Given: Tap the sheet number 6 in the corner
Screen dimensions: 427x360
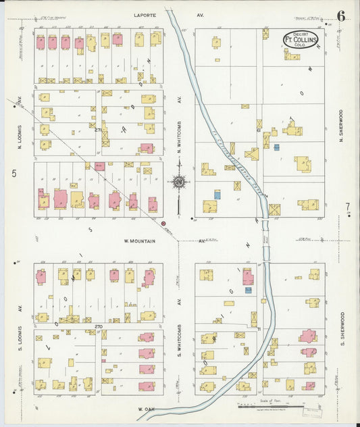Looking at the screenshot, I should click(x=341, y=16).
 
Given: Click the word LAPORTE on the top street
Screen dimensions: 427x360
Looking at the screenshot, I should click(x=145, y=14).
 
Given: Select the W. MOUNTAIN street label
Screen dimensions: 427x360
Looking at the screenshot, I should click(x=140, y=241).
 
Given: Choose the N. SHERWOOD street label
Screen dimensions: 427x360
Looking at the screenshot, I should click(x=342, y=125).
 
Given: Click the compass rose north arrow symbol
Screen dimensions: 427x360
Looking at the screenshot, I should click(x=179, y=182).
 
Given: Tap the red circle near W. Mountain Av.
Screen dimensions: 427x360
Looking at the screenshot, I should click(x=163, y=223).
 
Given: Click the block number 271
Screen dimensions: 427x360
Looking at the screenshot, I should click(x=99, y=129).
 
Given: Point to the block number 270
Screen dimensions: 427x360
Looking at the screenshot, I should click(x=99, y=326).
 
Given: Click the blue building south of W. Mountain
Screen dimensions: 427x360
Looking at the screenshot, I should click(x=248, y=290).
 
